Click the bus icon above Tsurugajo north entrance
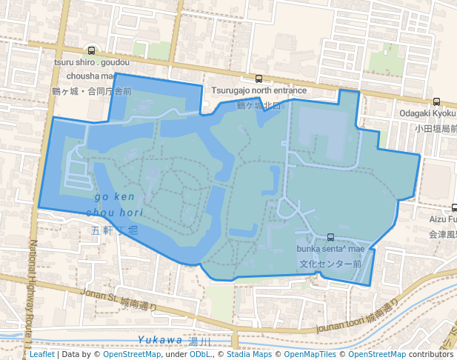[x=258, y=79]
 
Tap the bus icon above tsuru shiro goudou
[x=91, y=51]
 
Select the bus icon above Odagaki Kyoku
[x=436, y=102]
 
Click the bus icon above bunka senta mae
[x=330, y=238]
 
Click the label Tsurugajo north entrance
[x=258, y=91]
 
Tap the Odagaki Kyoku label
[x=428, y=114]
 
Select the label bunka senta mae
[x=330, y=250]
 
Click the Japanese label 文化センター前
[x=330, y=263]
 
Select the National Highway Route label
[x=33, y=289]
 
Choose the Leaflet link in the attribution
[x=42, y=354]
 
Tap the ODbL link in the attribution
[x=201, y=354]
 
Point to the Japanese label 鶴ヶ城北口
[x=258, y=105]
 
